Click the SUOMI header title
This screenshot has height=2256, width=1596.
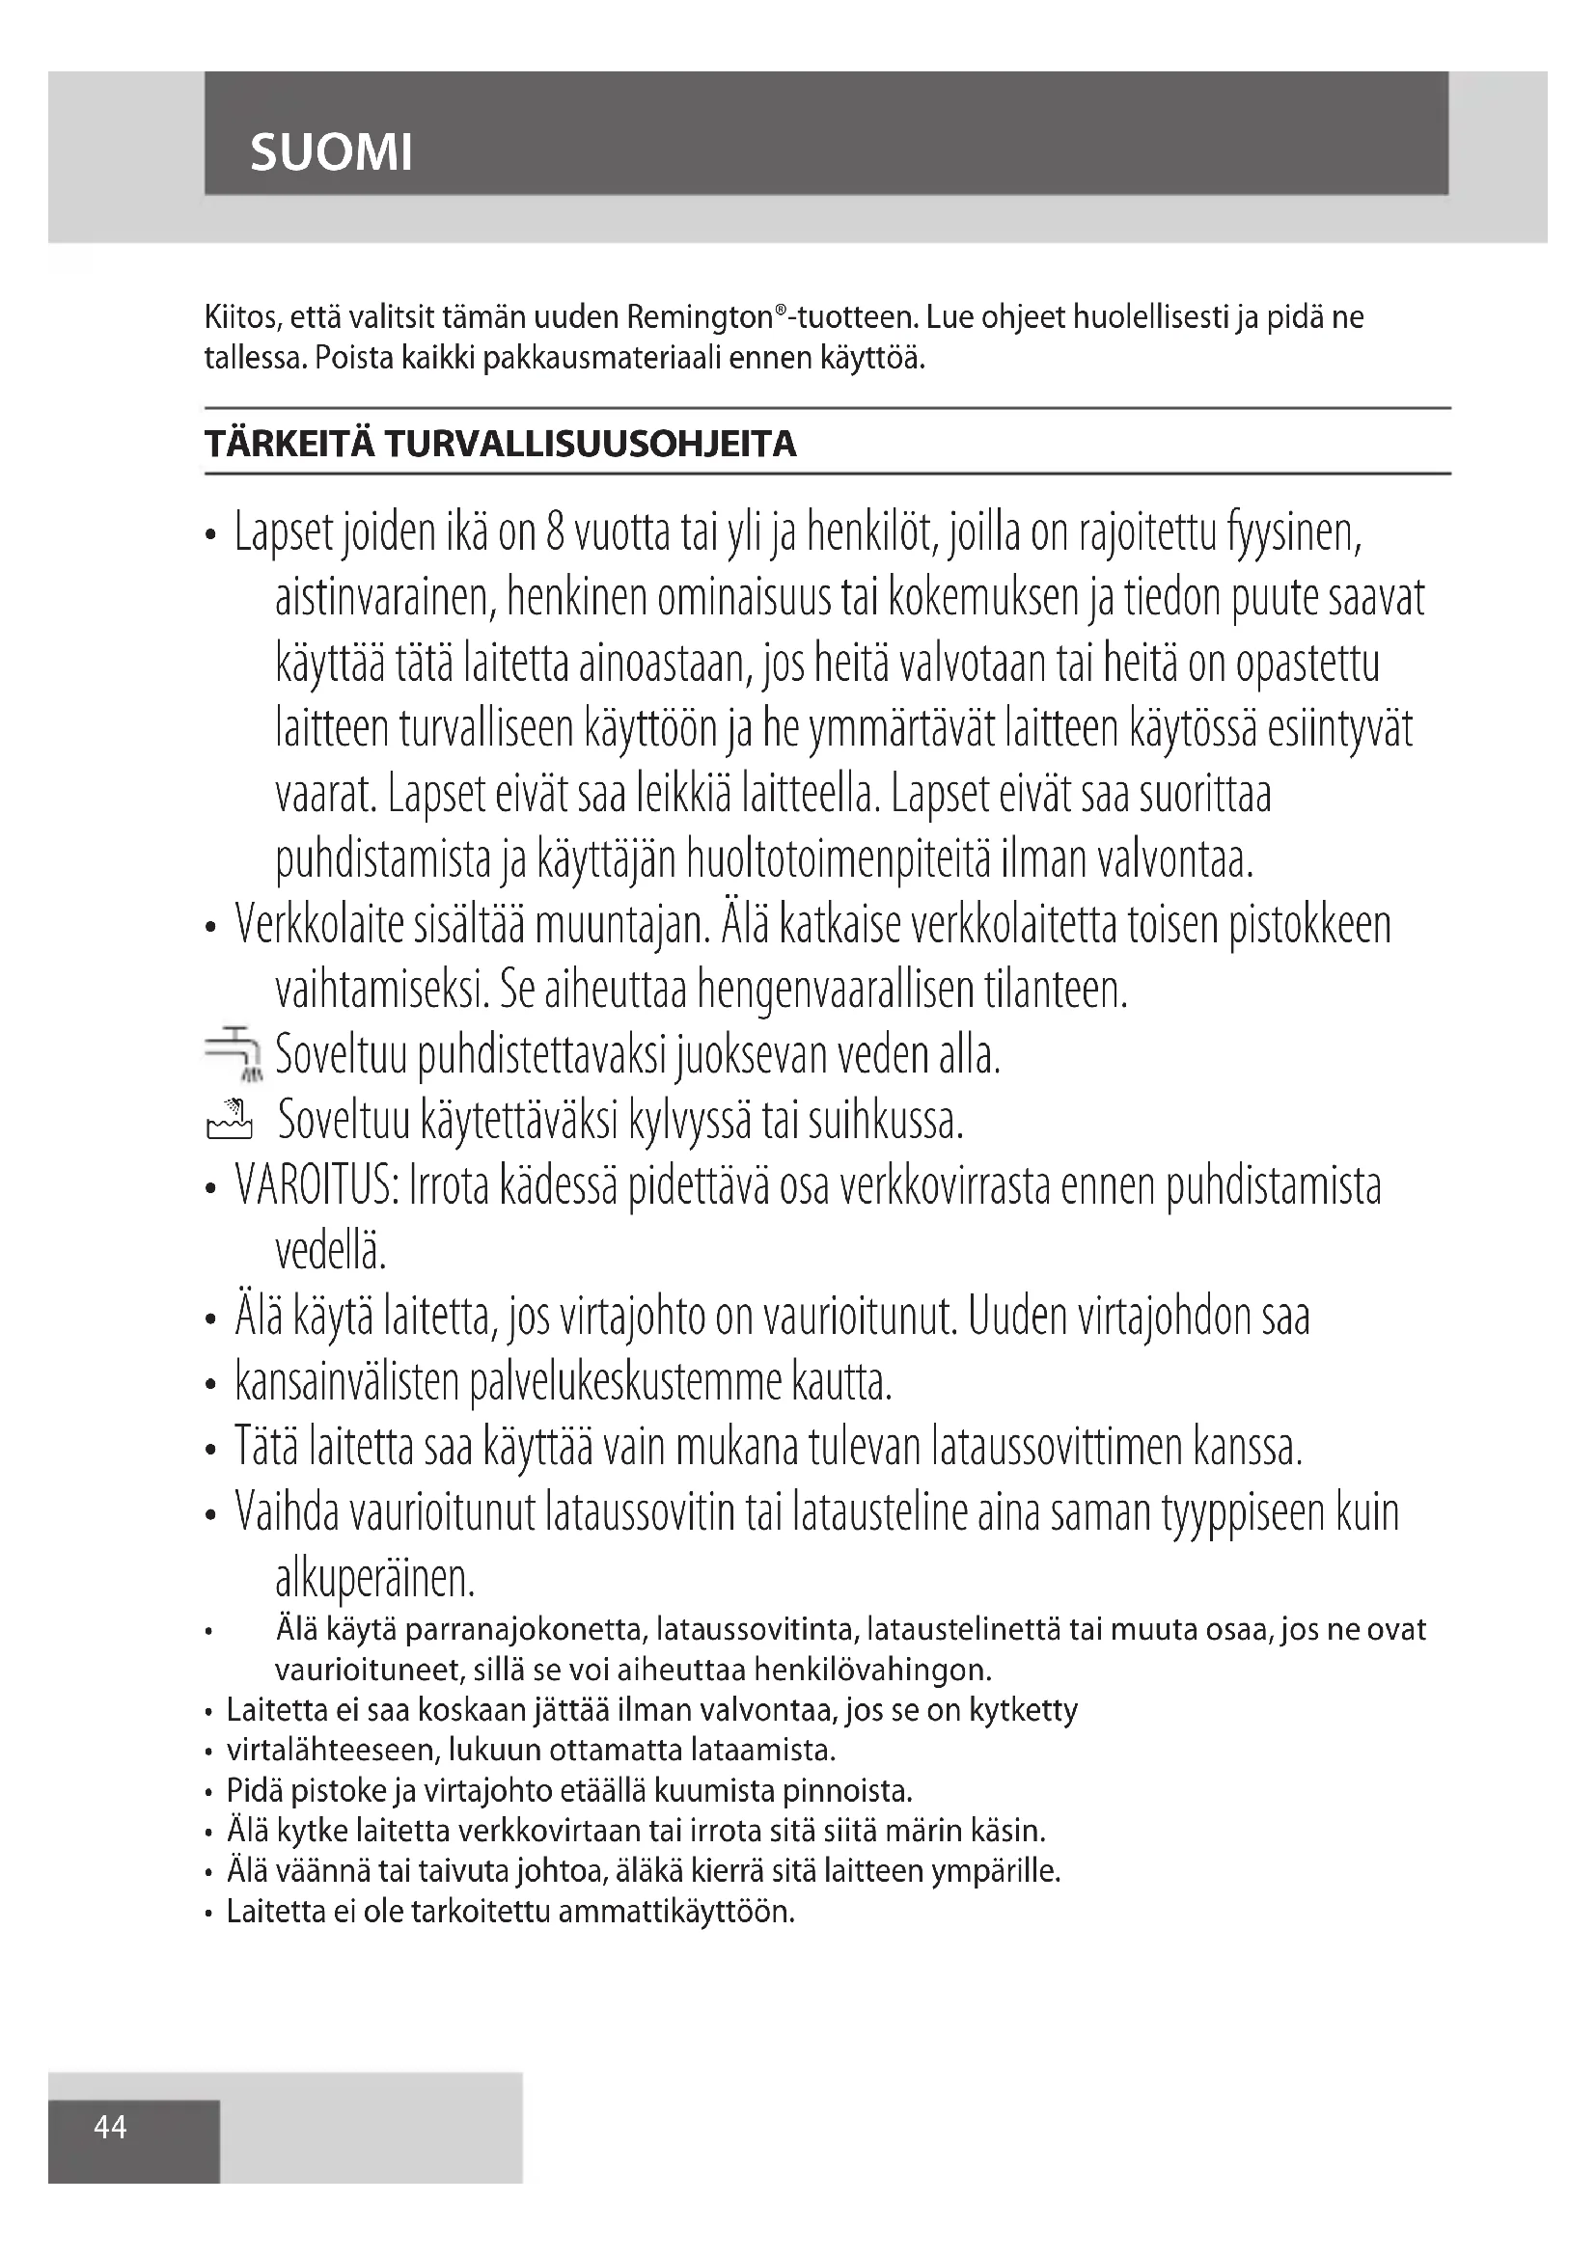331,152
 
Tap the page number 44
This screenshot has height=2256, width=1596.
110,2127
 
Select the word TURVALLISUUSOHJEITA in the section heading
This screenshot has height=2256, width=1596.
590,444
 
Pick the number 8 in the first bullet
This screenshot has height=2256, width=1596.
555,532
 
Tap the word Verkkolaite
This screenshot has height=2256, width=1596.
318,925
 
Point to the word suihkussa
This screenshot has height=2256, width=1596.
886,1120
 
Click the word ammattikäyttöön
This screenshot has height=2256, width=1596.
676,1911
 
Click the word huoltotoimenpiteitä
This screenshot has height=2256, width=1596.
839,858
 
